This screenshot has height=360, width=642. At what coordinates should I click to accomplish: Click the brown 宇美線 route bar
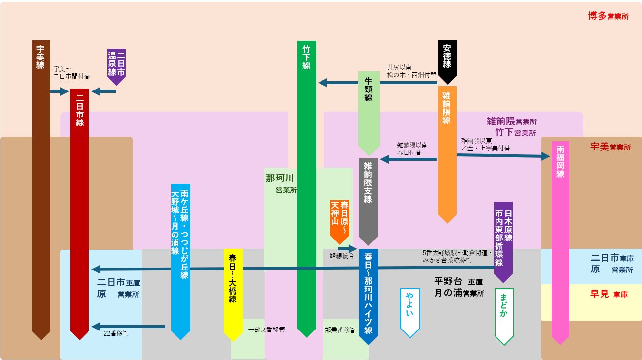coord(41,187)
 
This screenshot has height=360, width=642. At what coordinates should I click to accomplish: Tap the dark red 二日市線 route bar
coord(80,211)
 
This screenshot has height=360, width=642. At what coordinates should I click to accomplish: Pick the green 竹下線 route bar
coord(306,187)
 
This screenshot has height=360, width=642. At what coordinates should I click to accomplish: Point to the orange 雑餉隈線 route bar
coord(447,152)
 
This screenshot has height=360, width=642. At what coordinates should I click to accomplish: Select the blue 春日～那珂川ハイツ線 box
coord(368,295)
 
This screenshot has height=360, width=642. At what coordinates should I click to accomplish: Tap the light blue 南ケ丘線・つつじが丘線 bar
coord(180,261)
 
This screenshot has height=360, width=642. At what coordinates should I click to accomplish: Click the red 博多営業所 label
coord(608,16)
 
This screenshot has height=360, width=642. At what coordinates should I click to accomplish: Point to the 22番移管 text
coord(116,333)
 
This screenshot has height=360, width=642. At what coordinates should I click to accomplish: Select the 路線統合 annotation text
coord(342,256)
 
